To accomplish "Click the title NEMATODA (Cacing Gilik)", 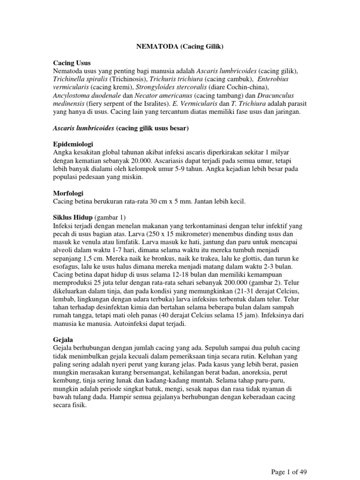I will (180, 47).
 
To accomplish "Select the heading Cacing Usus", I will (72, 62).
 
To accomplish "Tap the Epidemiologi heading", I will (76, 143).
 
